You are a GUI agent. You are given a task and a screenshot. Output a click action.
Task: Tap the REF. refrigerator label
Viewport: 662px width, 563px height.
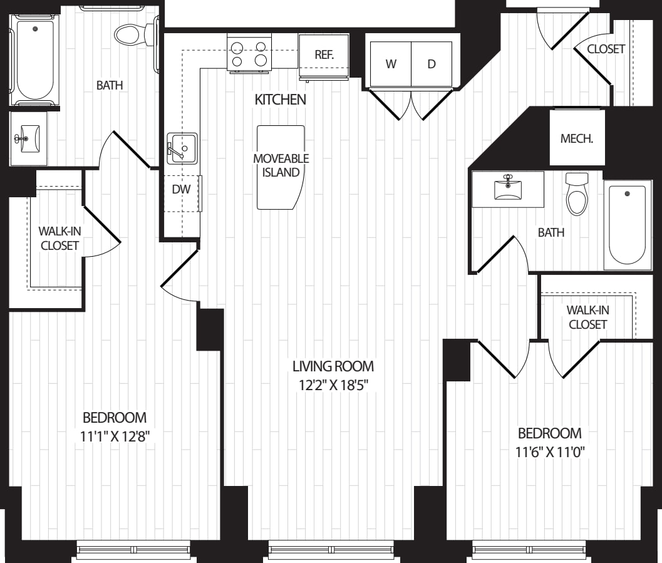[324, 54]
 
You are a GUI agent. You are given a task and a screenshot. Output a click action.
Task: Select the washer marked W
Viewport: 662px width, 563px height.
[391, 64]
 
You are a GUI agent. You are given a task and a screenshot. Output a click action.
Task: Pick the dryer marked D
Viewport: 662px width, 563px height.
[431, 64]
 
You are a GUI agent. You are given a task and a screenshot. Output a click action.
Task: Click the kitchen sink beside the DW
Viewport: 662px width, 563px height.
[182, 148]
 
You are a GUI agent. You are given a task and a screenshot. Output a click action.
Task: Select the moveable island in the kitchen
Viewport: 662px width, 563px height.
[281, 167]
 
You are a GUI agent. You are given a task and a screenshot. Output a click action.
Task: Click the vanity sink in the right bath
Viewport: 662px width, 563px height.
[508, 188]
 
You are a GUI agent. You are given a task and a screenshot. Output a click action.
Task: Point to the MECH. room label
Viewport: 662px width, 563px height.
[576, 139]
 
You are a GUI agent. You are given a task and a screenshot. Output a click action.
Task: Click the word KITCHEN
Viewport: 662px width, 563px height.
[280, 100]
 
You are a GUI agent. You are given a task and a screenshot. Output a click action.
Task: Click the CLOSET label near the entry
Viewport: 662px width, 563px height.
[606, 49]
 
